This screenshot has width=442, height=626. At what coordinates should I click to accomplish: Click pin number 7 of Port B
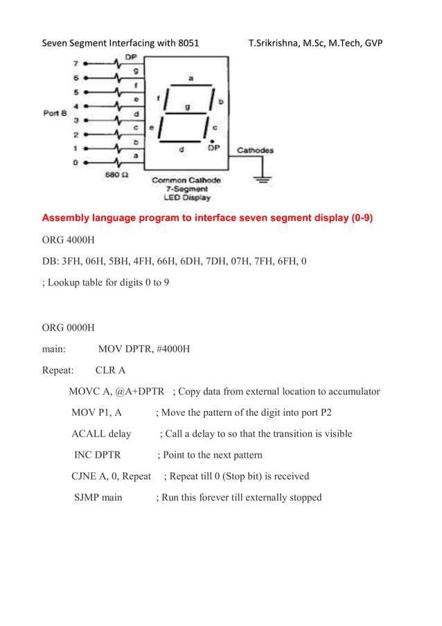point(76,62)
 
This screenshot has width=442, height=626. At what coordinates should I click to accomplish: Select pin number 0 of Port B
point(76,162)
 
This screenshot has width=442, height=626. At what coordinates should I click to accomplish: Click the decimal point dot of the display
point(212,140)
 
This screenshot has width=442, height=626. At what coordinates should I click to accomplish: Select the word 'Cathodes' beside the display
point(255,150)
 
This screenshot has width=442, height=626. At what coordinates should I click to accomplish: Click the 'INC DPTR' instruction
point(97,455)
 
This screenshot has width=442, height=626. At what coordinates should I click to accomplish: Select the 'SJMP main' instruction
point(98,497)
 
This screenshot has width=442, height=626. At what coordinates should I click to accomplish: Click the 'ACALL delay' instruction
point(101,434)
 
